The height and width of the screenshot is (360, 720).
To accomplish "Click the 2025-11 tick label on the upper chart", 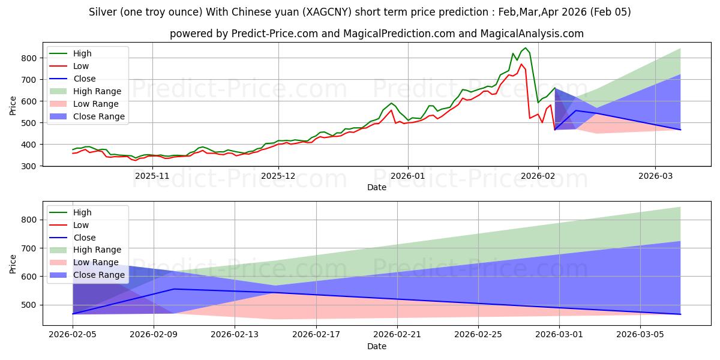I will pos(152,176).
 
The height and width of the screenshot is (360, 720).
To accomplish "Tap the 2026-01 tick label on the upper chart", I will pos(408,176).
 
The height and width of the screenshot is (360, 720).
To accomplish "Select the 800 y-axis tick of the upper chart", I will pos(32,58).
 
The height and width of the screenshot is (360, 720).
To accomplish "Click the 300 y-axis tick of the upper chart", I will pos(32,166).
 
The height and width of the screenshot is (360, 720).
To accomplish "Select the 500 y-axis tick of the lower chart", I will pos(32,305).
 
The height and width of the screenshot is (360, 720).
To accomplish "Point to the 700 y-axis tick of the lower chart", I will pos(32,248).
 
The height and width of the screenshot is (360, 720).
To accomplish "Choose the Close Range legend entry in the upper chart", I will pos(99,116).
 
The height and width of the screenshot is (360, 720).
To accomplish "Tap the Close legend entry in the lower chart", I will pos(84,238).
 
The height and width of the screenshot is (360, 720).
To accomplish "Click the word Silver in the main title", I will pos(102,12).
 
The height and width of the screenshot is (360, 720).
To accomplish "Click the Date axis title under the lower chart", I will pos(377,346).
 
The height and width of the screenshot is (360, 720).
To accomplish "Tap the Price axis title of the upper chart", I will pos(13,105).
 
